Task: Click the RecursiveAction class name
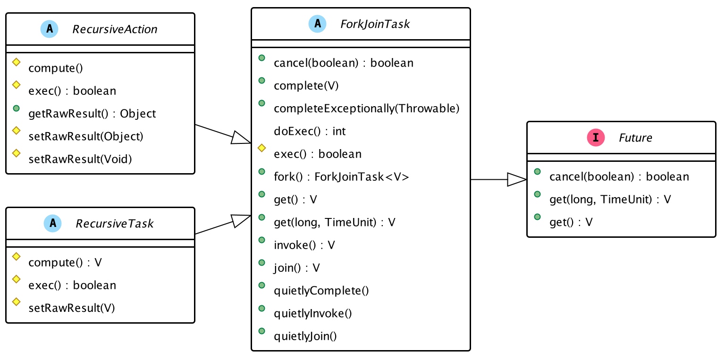(115, 29)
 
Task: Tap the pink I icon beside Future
(596, 137)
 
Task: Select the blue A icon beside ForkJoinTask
(317, 24)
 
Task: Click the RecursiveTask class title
(115, 224)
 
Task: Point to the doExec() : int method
(310, 131)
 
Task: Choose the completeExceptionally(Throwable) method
(367, 109)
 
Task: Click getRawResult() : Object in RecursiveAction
(92, 114)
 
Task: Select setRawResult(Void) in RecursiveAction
(80, 159)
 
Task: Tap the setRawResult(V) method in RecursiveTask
(72, 308)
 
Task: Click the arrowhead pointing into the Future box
(517, 179)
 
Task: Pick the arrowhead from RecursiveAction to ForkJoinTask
(241, 138)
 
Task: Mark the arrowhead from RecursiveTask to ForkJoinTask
(241, 221)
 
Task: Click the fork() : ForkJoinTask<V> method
(341, 177)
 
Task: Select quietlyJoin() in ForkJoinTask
(305, 336)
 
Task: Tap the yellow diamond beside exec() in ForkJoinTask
(261, 148)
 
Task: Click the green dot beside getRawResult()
(16, 109)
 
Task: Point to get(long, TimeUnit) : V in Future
(610, 200)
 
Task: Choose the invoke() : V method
(304, 245)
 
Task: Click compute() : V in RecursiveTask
(65, 262)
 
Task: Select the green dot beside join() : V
(261, 263)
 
